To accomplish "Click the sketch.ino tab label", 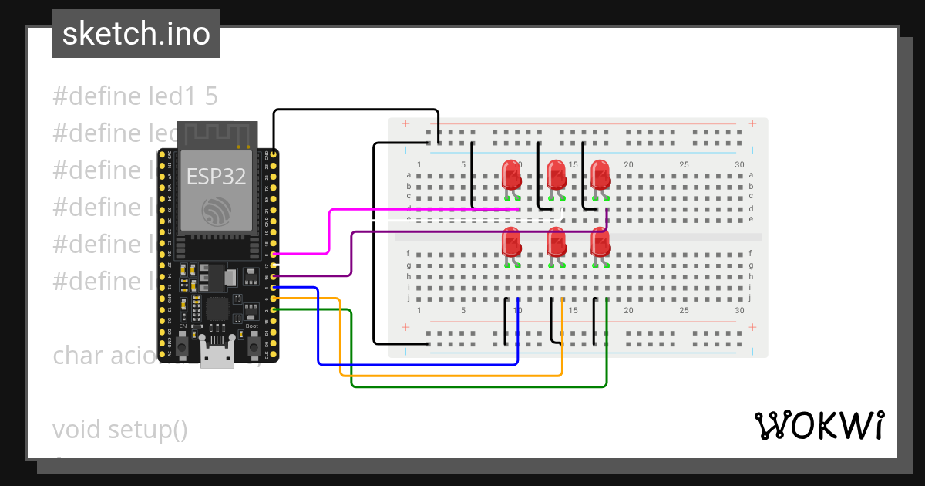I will pyautogui.click(x=136, y=34).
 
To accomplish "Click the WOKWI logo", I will pyautogui.click(x=818, y=425).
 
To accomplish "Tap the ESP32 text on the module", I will pyautogui.click(x=216, y=177).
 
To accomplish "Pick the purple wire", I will pyautogui.click(x=351, y=255).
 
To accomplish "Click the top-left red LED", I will pyautogui.click(x=511, y=174).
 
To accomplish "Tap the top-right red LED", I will pyautogui.click(x=600, y=174).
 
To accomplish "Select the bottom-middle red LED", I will pyautogui.click(x=556, y=242).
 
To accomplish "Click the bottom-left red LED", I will pyautogui.click(x=511, y=242).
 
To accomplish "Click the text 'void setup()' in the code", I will pyautogui.click(x=120, y=429).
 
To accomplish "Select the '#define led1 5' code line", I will pyautogui.click(x=136, y=96).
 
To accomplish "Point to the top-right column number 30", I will pyautogui.click(x=739, y=164).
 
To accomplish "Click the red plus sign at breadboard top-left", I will pyautogui.click(x=405, y=124).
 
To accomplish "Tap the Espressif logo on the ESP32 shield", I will pyautogui.click(x=215, y=211).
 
